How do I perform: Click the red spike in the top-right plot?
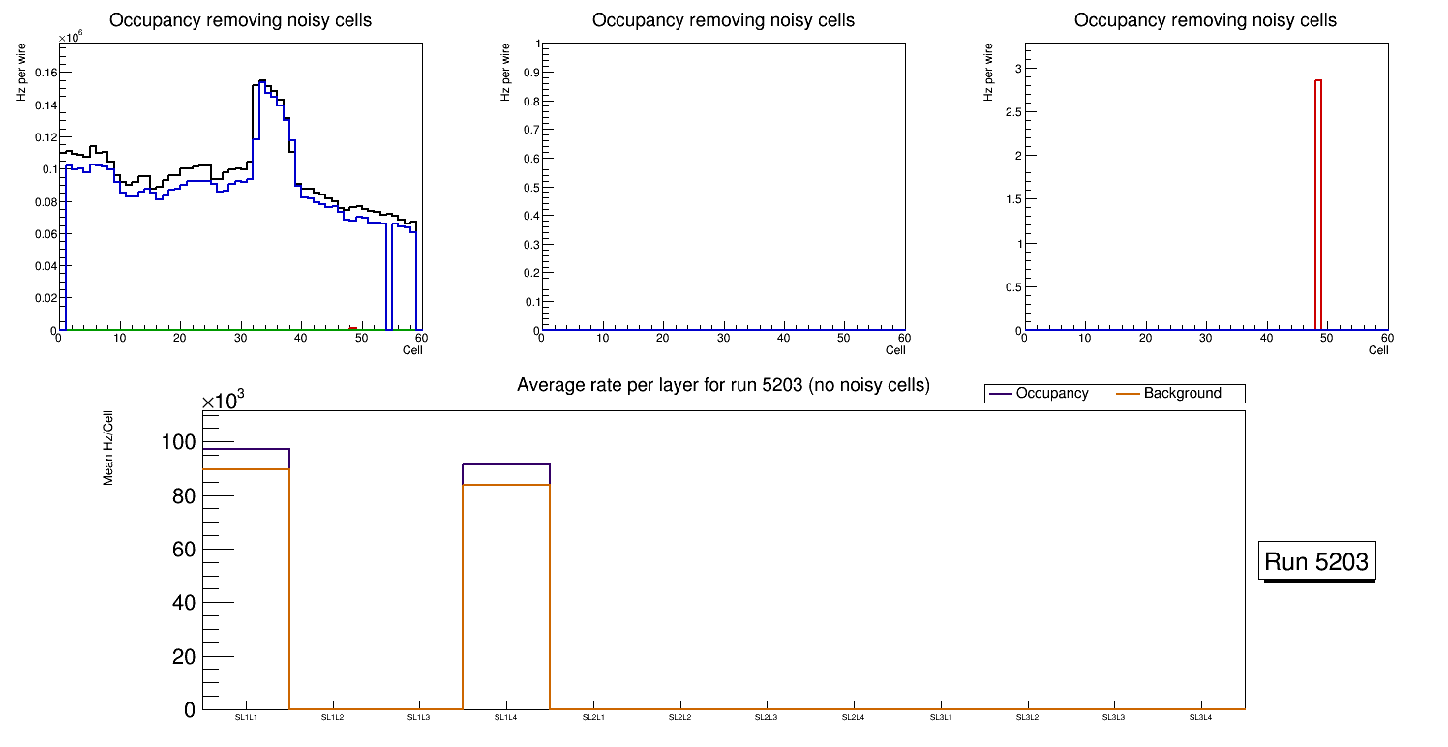point(1318,203)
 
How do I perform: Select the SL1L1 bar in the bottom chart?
point(246,581)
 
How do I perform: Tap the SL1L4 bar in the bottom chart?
point(506,590)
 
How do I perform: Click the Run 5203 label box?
point(1318,561)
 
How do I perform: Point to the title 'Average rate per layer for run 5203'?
point(723,385)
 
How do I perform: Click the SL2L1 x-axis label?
point(593,718)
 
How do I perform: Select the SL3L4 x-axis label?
point(1200,718)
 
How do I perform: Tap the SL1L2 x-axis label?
point(332,718)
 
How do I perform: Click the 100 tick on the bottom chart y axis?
point(182,442)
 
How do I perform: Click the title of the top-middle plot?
point(723,20)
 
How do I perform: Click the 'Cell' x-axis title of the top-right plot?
point(1378,349)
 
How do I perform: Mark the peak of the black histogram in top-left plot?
point(261,81)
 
